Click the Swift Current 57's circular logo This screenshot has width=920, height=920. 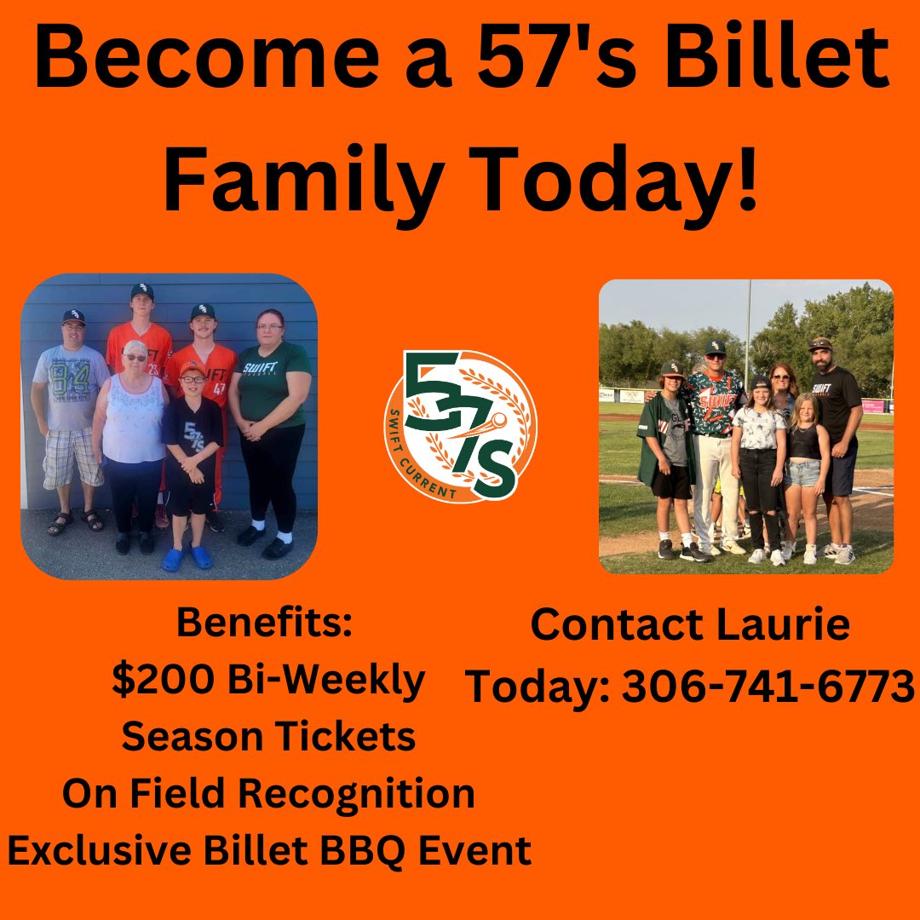tap(460, 426)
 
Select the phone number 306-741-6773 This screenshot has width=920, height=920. tap(767, 686)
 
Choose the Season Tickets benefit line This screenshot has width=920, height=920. tap(268, 737)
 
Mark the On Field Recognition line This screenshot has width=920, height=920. tap(268, 793)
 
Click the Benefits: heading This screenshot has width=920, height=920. tap(264, 623)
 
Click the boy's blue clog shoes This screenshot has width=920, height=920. tap(187, 558)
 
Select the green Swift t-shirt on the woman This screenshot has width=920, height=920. tap(273, 383)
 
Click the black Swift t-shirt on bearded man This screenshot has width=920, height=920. tap(836, 396)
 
